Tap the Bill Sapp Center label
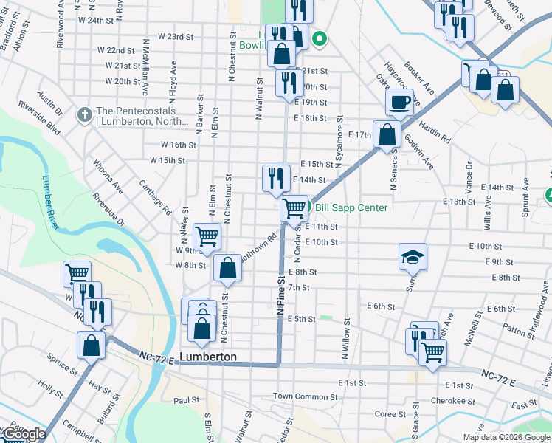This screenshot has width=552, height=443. [x=351, y=207]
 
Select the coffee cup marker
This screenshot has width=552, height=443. [x=399, y=102]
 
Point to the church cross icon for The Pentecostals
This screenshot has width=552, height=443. [x=84, y=115]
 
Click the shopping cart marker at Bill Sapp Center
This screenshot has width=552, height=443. [x=294, y=208]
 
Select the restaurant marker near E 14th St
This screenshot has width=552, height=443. [x=276, y=178]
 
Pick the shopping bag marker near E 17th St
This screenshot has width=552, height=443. [x=387, y=134]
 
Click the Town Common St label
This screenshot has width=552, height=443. [x=306, y=397]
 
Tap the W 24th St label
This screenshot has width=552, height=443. [x=104, y=20]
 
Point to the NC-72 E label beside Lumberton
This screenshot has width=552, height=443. [x=155, y=358]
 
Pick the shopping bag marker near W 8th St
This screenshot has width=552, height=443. [x=227, y=269]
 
